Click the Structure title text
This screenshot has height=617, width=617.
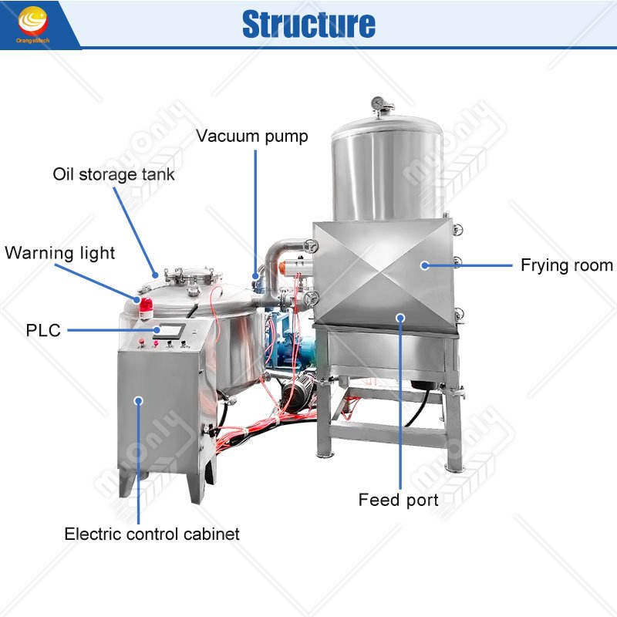308,24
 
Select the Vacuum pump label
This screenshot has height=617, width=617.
251,137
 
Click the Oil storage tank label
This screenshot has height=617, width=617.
113,174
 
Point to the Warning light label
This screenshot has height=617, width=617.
60,252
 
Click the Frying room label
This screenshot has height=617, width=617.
566,265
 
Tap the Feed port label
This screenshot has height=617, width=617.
398,500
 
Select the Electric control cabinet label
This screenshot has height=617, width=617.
152,534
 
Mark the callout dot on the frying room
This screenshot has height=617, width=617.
424,265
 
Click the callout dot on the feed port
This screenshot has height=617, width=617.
400,317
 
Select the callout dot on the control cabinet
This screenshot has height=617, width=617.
139,400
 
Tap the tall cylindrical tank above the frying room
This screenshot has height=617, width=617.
386,166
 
